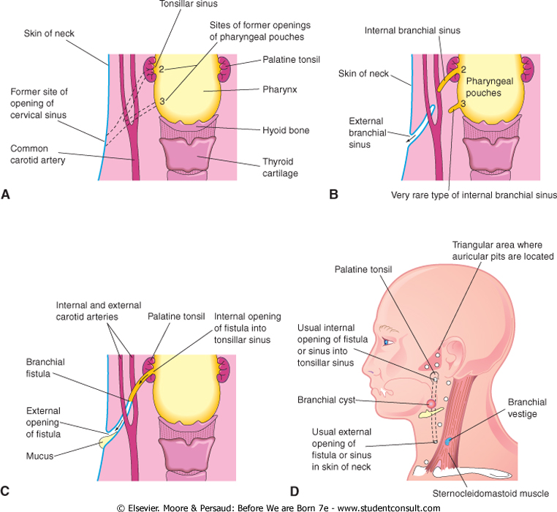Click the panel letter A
[6, 194]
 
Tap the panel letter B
[333, 195]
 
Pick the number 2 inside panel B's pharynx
[462, 69]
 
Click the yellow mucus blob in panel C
[111, 442]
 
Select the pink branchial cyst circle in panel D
[431, 403]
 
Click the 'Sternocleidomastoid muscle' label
[495, 493]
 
